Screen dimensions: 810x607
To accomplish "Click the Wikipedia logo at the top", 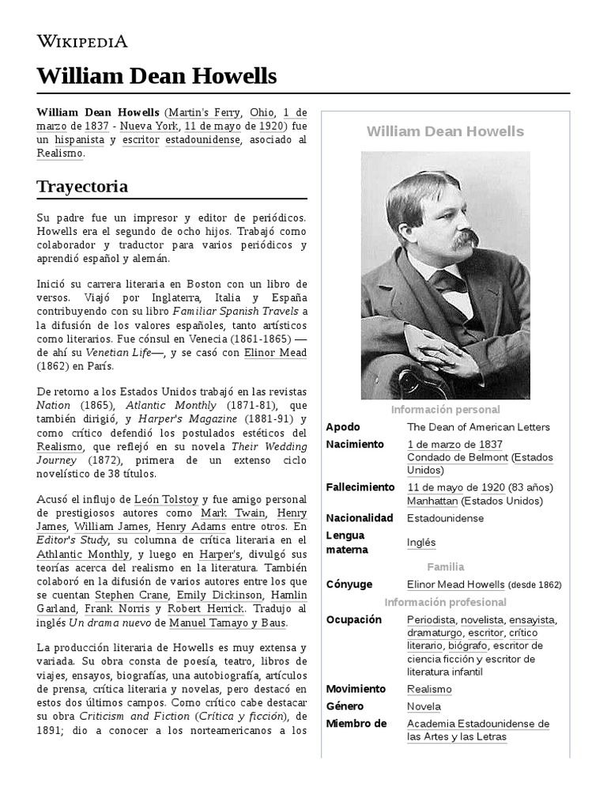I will tap(82, 42).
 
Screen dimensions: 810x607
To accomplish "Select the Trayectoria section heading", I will tap(82, 187).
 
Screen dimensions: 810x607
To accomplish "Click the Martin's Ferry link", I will tap(203, 112).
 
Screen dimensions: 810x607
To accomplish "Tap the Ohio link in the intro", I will tap(261, 112).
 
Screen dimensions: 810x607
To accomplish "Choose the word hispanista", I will tap(77, 139).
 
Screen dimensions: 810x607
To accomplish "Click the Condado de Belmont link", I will tap(457, 458).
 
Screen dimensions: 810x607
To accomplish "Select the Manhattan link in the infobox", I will tap(432, 501).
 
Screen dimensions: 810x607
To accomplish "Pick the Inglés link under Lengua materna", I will tap(421, 542).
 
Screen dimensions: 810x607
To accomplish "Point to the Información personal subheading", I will tap(446, 410).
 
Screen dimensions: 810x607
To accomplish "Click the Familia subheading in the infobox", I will tap(446, 567).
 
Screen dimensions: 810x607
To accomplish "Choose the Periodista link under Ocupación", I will tap(432, 619).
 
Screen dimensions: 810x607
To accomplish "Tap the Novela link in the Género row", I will tap(424, 706).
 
